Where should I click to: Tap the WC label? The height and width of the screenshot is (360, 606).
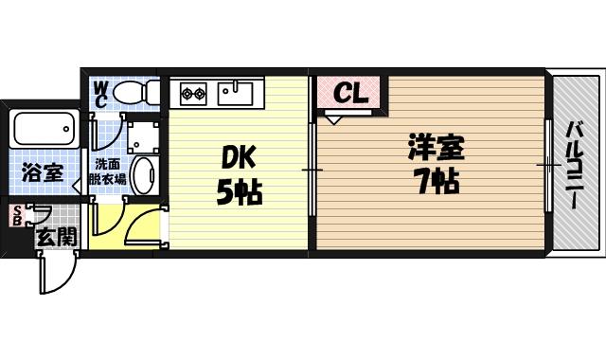point(101,96)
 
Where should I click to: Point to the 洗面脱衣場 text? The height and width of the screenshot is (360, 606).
point(107,170)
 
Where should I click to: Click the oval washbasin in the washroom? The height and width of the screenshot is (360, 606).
point(143,175)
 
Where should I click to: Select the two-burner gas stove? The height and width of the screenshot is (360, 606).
point(194,93)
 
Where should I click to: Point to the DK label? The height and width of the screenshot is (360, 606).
point(238,156)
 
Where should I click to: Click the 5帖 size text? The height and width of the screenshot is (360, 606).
point(238,192)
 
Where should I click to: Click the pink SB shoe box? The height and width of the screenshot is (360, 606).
point(16,216)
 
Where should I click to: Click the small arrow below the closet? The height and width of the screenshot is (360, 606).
point(334,120)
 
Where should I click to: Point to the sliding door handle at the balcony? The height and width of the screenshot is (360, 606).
point(547,165)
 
